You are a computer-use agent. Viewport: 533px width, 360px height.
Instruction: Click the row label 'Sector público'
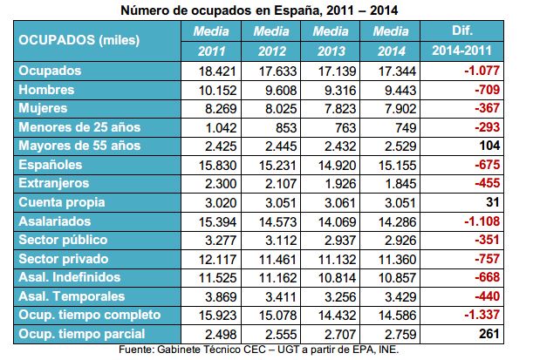pyautogui.click(x=63, y=239)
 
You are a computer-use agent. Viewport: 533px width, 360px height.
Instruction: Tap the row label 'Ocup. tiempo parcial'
pyautogui.click(x=79, y=335)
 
